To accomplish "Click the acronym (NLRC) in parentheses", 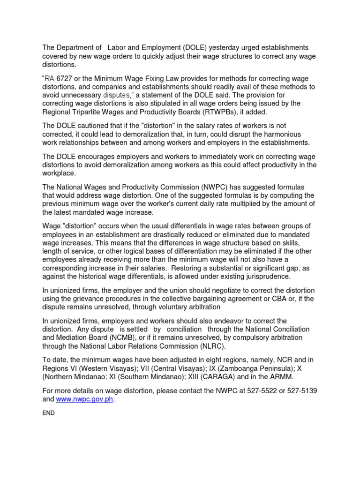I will coord(210,346).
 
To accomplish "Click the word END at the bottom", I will coord(49,413).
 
